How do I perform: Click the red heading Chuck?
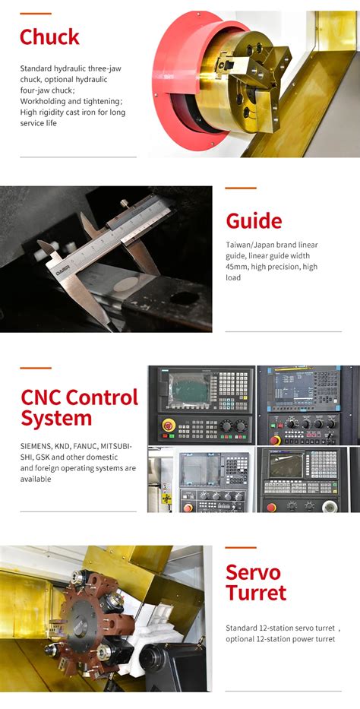(49, 36)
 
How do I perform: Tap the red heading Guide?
(254, 221)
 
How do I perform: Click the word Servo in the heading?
(253, 573)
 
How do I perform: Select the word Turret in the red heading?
(255, 594)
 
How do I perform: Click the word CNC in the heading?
(41, 397)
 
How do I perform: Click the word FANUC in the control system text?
(86, 447)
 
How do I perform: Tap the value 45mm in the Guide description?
(238, 267)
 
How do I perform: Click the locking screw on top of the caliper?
(124, 204)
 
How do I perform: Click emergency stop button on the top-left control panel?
(166, 426)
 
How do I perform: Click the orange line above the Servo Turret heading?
(241, 547)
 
